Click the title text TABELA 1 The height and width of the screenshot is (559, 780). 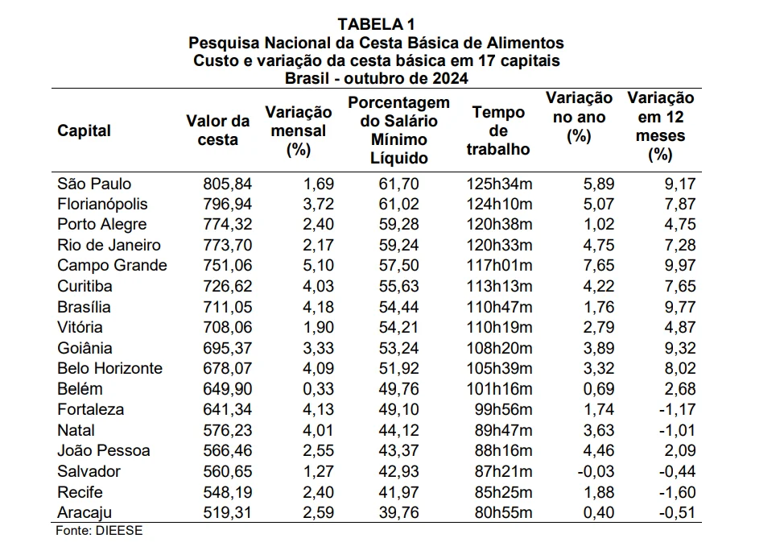click(376, 24)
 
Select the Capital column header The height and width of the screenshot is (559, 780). click(84, 130)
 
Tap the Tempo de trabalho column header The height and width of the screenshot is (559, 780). click(498, 130)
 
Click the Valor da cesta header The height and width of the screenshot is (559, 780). click(218, 130)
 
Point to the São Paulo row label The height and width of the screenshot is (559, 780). click(94, 184)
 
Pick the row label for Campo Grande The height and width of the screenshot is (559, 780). click(112, 265)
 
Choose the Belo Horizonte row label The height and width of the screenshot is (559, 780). click(110, 368)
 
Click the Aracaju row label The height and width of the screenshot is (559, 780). click(85, 512)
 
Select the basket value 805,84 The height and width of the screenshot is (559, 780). click(227, 184)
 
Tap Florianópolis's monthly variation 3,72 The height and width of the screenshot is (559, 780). click(319, 204)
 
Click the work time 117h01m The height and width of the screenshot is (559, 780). click(499, 265)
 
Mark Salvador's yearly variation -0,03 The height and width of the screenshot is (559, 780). click(596, 471)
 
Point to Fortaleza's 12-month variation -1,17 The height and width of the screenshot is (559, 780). click(678, 409)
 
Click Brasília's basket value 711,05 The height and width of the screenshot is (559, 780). click(227, 307)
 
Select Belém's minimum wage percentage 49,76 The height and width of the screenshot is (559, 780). click(399, 389)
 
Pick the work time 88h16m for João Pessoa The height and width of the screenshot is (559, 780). click(503, 450)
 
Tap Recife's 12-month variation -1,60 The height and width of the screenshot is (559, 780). click(678, 492)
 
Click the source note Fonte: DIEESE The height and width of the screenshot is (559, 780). click(99, 531)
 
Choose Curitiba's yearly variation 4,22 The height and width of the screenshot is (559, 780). click(599, 286)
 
